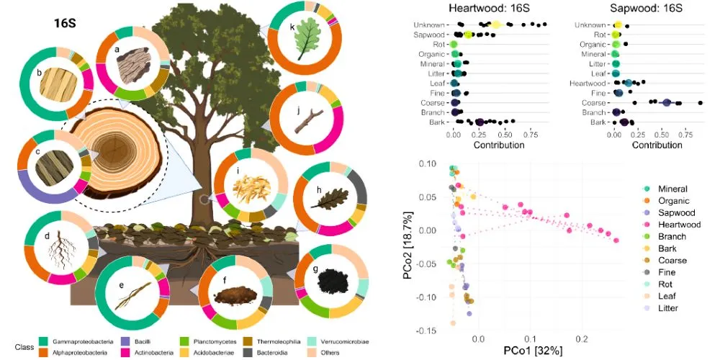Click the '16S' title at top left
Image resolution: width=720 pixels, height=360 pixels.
pos(63,22)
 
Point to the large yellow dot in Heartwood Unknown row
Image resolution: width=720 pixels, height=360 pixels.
pos(496,24)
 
